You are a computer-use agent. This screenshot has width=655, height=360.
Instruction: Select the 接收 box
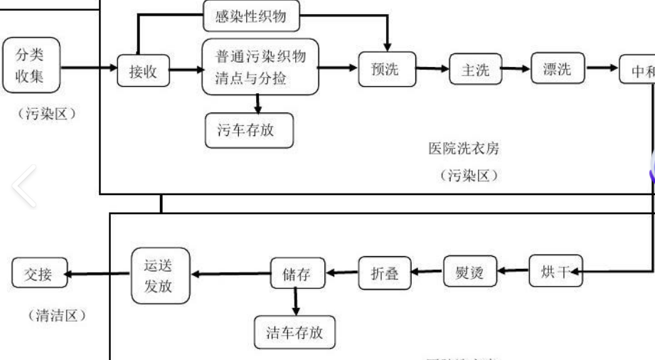pos(137,70)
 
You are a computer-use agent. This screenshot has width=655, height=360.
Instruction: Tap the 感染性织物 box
pos(250,16)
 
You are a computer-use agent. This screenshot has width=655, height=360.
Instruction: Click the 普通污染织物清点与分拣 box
pos(258,66)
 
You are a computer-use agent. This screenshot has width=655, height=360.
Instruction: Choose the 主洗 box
pos(470,70)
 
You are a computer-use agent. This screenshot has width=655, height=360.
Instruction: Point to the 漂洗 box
pos(557,69)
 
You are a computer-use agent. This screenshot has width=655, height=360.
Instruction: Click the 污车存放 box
pos(248,130)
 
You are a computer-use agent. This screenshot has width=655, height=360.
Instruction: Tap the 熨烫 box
pos(469,272)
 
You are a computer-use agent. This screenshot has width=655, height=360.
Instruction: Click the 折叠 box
pos(385,272)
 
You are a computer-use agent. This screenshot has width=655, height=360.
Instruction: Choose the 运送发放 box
pos(161,274)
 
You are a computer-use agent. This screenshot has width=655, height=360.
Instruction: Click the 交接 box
pos(39,274)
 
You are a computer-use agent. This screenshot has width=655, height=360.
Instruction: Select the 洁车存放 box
pos(294,331)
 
